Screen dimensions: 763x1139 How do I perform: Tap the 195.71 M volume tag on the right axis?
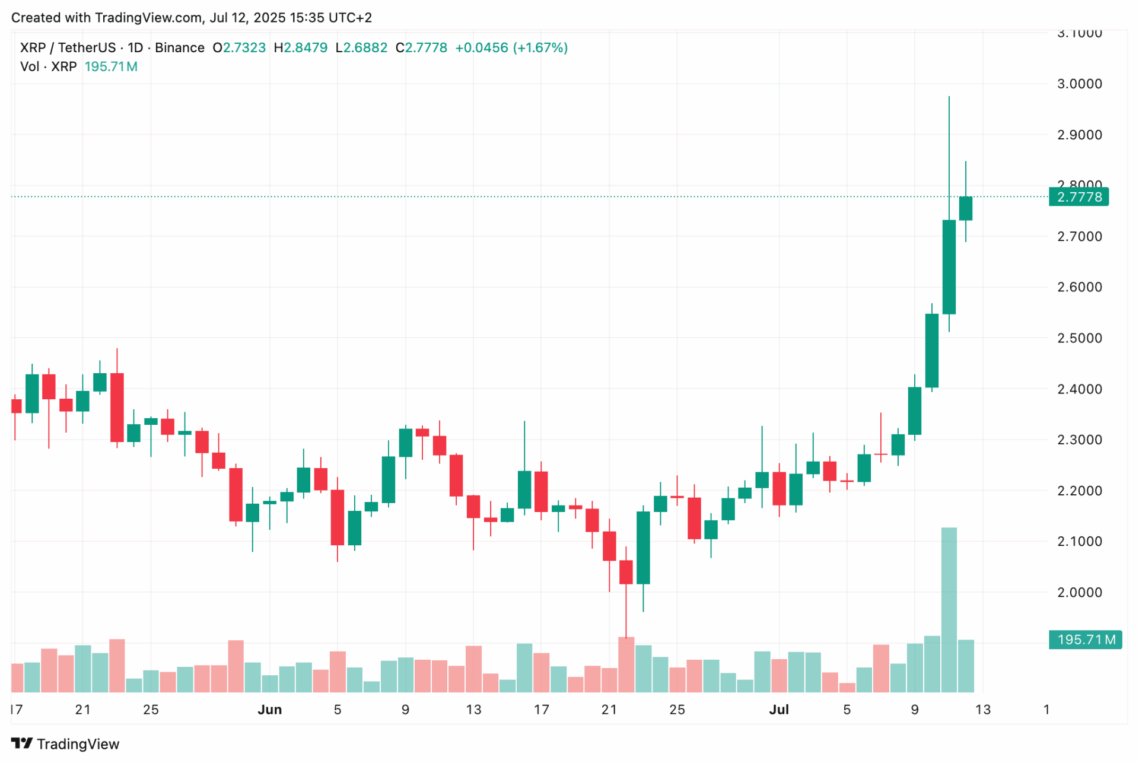(1085, 640)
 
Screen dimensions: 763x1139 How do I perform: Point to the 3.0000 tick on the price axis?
(1079, 84)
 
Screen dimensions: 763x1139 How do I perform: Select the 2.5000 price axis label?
(1079, 338)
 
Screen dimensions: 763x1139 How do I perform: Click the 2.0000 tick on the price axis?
(1079, 592)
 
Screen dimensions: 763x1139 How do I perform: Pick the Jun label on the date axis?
(269, 710)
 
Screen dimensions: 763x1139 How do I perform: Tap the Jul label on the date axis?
(778, 710)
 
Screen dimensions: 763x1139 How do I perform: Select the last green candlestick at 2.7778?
(966, 208)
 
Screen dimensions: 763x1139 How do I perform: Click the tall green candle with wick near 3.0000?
(949, 267)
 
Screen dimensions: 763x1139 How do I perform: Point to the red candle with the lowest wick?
(626, 572)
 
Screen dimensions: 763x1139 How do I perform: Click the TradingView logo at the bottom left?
(65, 744)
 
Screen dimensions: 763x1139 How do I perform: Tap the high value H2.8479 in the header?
(300, 48)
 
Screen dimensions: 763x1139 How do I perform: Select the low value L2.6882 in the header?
(361, 48)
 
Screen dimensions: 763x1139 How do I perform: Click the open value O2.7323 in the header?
(239, 48)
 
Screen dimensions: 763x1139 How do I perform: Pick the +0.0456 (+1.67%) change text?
(511, 48)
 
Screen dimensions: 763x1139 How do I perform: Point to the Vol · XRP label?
(48, 66)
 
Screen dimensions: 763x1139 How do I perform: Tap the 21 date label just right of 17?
(82, 710)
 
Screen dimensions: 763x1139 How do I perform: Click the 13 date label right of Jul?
(983, 710)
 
